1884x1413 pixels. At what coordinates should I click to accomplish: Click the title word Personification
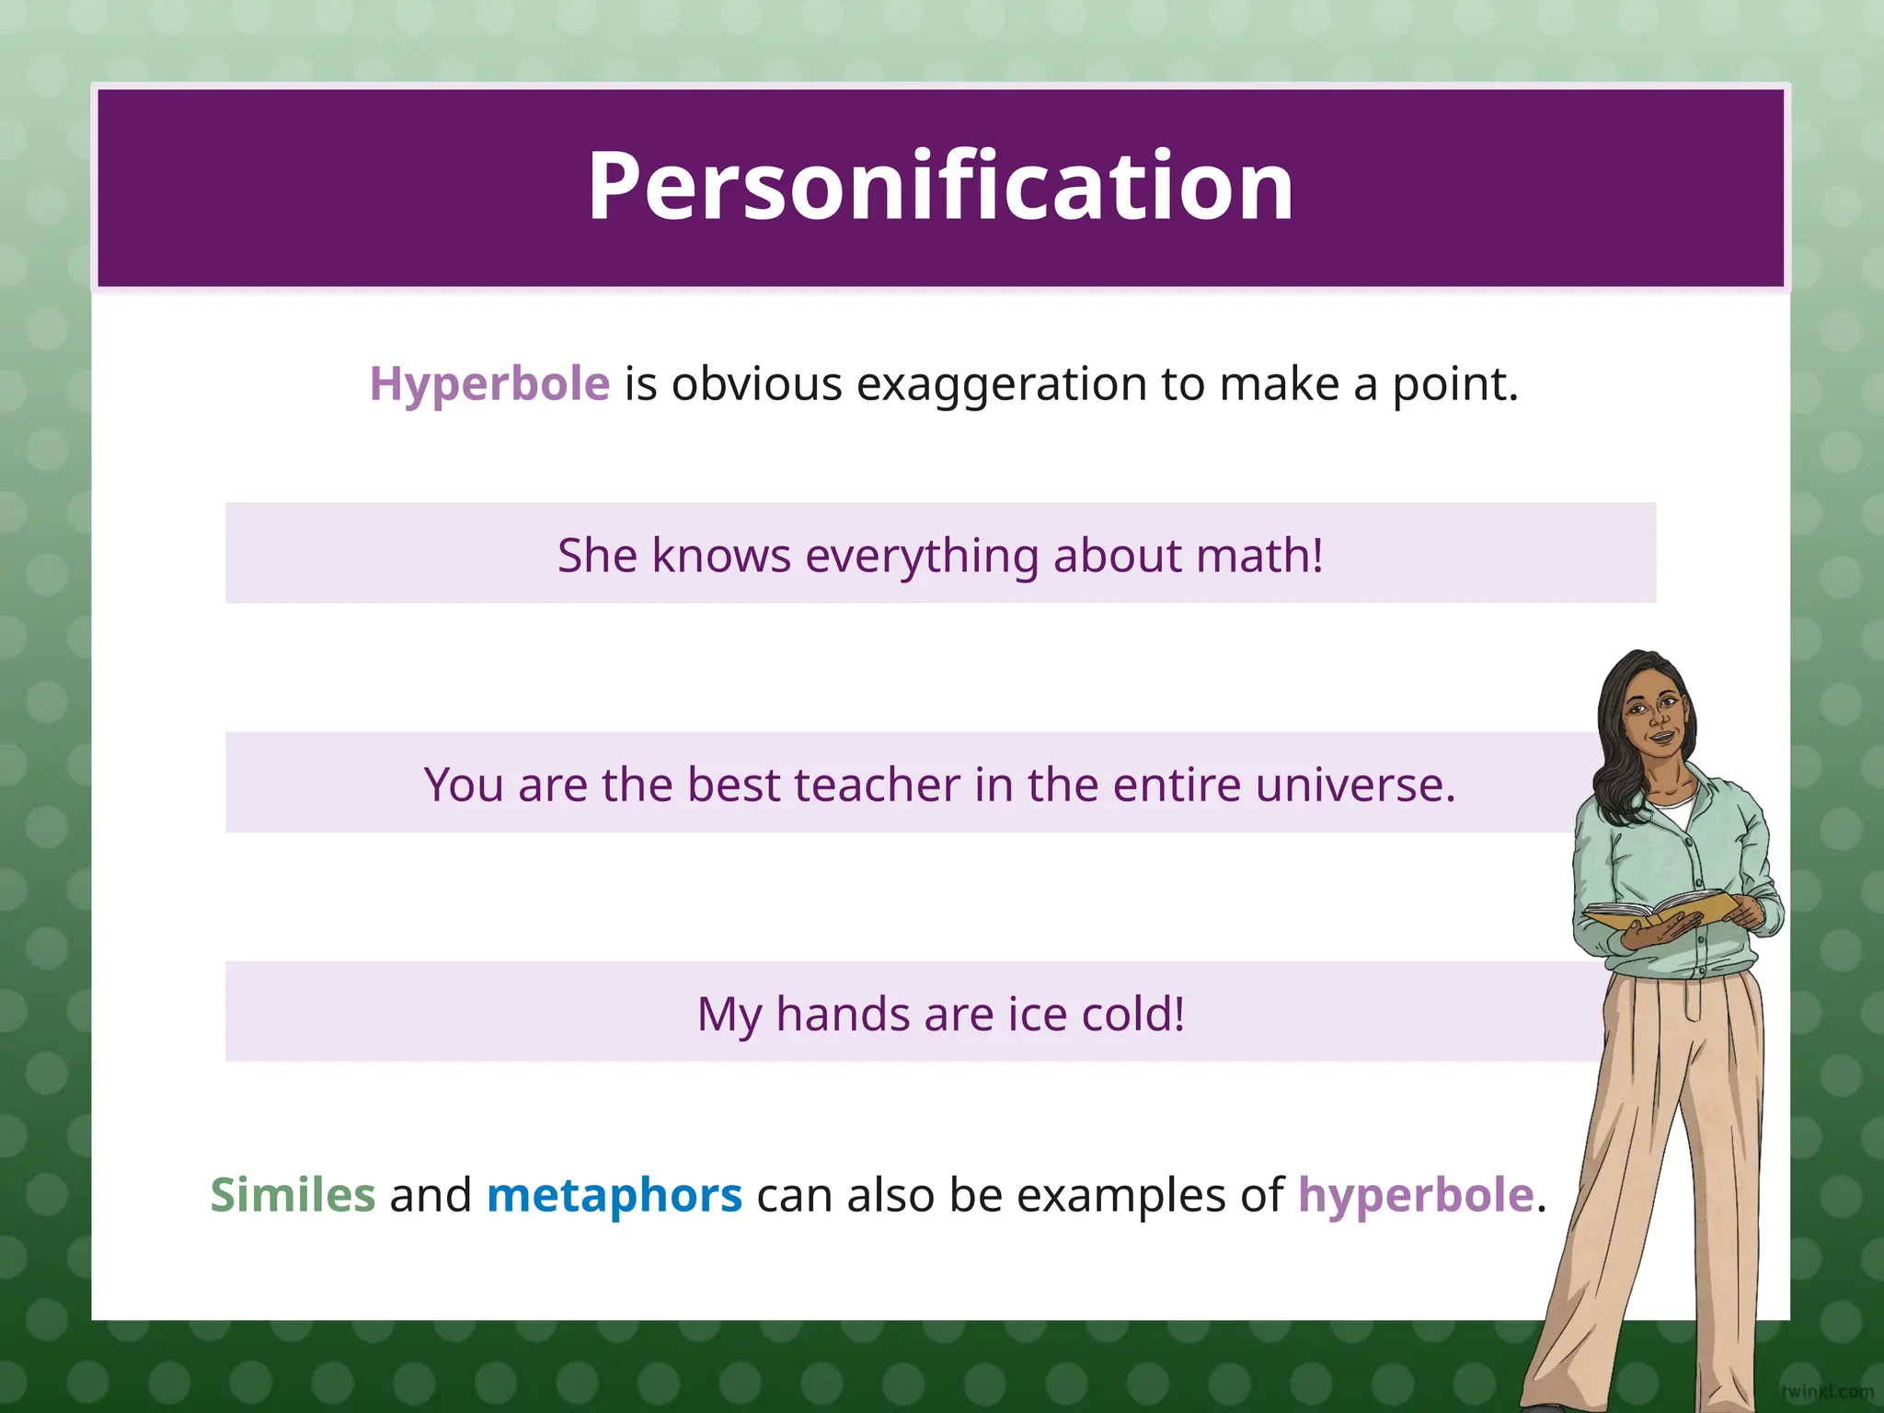click(940, 187)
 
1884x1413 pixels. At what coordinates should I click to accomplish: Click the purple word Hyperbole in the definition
click(489, 384)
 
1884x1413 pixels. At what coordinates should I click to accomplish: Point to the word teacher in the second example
click(876, 785)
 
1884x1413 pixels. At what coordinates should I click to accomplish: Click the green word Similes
click(293, 1195)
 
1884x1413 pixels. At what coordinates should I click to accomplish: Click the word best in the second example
click(733, 785)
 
